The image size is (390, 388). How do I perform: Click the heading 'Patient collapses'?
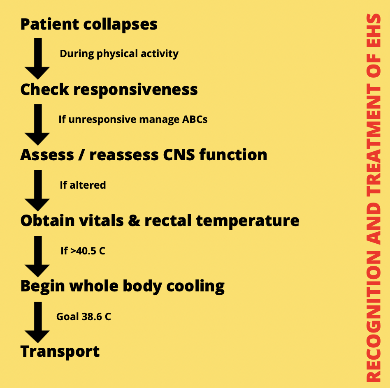tap(89, 24)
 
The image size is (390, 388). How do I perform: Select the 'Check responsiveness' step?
tap(109, 90)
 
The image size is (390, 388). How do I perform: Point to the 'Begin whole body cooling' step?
tap(123, 286)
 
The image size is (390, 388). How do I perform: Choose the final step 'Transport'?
tap(60, 351)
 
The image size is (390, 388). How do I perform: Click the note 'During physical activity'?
tap(119, 54)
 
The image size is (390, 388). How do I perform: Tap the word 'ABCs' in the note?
tap(195, 120)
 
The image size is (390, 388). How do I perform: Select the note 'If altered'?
tap(83, 185)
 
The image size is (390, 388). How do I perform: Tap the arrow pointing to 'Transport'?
tap(37, 321)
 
